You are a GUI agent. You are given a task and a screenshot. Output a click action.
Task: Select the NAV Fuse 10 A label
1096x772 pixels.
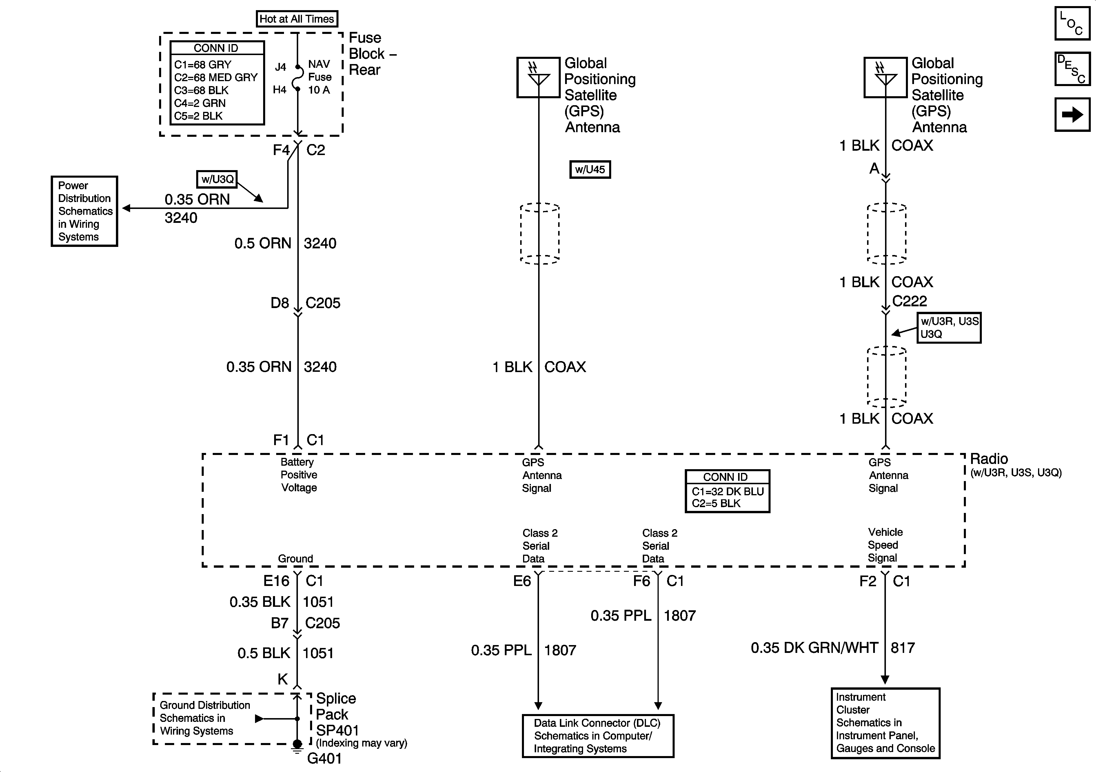pos(319,77)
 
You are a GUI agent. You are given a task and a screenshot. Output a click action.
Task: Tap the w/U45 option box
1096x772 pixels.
pos(590,170)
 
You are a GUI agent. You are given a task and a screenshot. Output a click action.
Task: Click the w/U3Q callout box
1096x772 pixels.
pos(217,179)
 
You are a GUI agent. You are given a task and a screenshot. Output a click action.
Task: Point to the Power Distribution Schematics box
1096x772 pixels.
pos(85,211)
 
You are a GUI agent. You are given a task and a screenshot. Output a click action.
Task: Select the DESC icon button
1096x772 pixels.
pos(1072,69)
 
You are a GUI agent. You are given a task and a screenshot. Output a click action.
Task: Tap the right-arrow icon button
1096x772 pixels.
pos(1072,114)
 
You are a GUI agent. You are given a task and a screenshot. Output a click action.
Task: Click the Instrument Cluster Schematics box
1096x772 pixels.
pos(886,723)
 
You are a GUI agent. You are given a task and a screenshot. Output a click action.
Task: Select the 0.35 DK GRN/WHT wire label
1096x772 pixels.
pos(814,648)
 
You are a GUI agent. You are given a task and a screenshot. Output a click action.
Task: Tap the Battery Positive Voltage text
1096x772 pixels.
pos(299,475)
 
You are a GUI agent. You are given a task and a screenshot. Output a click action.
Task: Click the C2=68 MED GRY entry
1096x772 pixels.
pos(216,77)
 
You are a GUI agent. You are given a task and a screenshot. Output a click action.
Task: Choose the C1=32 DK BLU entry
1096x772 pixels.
pos(727,491)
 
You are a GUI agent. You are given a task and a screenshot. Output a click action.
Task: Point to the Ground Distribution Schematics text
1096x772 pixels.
pos(205,718)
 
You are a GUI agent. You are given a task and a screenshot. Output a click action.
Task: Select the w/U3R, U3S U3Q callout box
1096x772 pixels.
pos(949,327)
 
